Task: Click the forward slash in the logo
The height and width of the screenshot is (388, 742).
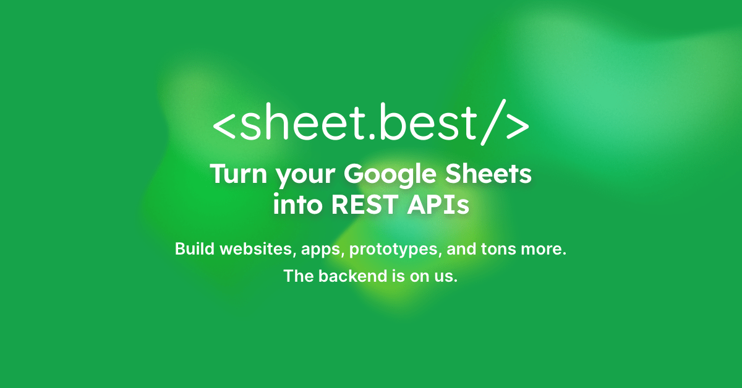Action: coord(493,122)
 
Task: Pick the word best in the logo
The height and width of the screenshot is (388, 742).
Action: coord(428,122)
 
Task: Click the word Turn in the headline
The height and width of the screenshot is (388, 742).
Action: coord(239,174)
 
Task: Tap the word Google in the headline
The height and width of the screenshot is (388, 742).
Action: coord(390,175)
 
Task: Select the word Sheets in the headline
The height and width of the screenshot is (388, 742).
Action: coord(488,174)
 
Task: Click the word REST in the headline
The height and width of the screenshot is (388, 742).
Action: coord(365,205)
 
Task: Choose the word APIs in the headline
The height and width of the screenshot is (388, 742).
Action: coord(438,205)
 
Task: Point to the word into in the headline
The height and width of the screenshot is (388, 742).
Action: coord(297,205)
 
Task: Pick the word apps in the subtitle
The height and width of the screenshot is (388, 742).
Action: coord(321,251)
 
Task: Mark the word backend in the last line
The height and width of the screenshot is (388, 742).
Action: coord(353,276)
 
